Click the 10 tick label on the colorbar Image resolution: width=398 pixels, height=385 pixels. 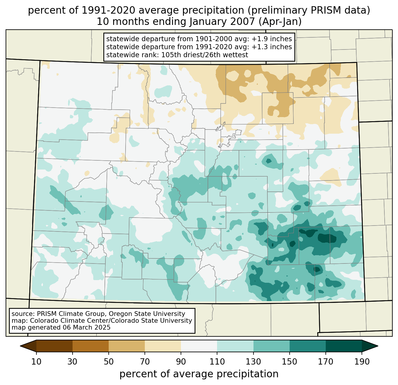pyautogui.click(x=36, y=362)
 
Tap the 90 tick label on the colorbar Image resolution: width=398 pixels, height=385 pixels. pyautogui.click(x=181, y=362)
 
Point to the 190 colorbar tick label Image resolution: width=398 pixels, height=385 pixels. pyautogui.click(x=362, y=362)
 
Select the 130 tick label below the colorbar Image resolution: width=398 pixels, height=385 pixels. pyautogui.click(x=253, y=362)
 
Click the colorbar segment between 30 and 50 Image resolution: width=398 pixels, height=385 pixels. pyautogui.click(x=91, y=346)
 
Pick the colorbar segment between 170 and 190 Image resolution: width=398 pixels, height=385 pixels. pyautogui.click(x=344, y=346)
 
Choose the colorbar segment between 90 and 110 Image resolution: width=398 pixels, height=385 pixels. pyautogui.click(x=199, y=346)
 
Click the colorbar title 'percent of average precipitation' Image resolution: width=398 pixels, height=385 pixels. pyautogui.click(x=199, y=374)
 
